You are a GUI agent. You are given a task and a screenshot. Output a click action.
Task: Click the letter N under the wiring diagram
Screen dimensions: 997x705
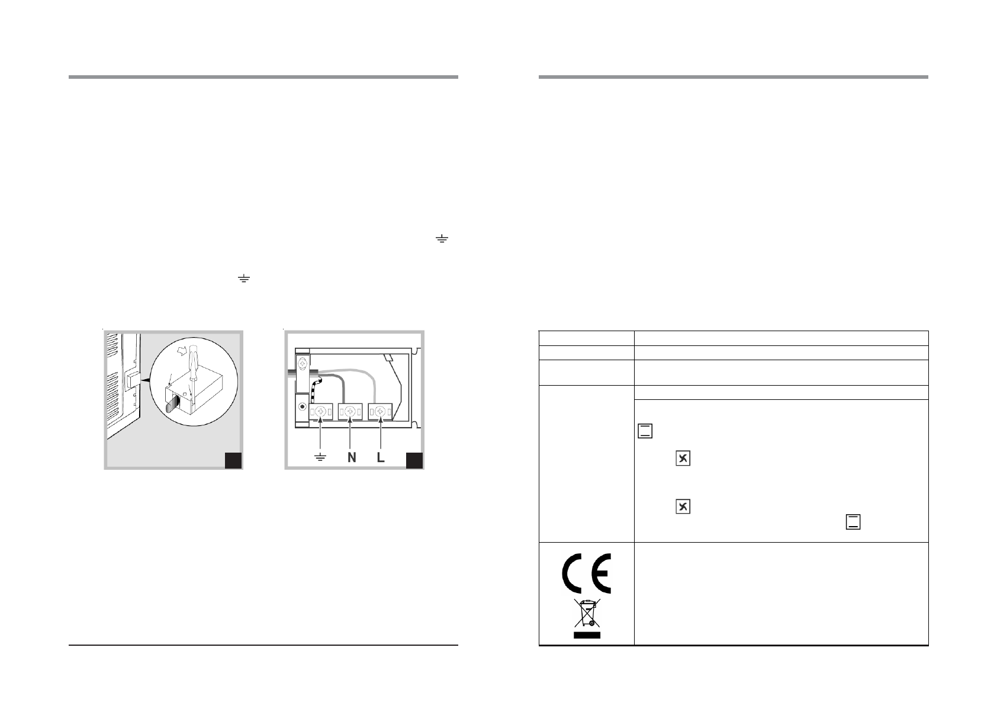pyautogui.click(x=352, y=458)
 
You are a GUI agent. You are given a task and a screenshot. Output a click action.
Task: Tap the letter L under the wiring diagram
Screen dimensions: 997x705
pyautogui.click(x=380, y=458)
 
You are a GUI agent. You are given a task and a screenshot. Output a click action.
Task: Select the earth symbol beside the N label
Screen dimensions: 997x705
pyautogui.click(x=320, y=458)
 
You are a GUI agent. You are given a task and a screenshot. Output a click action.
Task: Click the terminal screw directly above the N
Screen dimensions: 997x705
pyautogui.click(x=350, y=411)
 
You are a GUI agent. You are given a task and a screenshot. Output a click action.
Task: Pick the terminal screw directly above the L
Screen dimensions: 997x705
pyautogui.click(x=379, y=411)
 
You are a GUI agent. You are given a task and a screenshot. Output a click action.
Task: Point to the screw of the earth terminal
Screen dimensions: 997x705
pyautogui.click(x=320, y=411)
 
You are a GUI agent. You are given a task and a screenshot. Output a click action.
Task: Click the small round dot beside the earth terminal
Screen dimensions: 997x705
pyautogui.click(x=303, y=408)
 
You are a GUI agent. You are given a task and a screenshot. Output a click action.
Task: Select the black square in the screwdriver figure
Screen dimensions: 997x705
pyautogui.click(x=233, y=460)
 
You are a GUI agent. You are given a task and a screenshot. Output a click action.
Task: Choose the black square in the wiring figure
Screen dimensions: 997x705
pyautogui.click(x=414, y=460)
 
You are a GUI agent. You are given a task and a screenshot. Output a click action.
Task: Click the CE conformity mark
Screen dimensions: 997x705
pyautogui.click(x=586, y=573)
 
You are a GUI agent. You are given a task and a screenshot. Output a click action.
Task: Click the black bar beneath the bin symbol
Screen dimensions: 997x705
pyautogui.click(x=586, y=635)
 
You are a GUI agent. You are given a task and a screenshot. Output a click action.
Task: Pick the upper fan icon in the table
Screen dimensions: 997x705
pyautogui.click(x=683, y=459)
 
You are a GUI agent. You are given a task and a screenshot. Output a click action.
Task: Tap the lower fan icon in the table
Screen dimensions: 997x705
pyautogui.click(x=683, y=507)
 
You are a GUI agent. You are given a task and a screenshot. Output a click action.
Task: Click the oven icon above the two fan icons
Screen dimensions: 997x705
pyautogui.click(x=645, y=431)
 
